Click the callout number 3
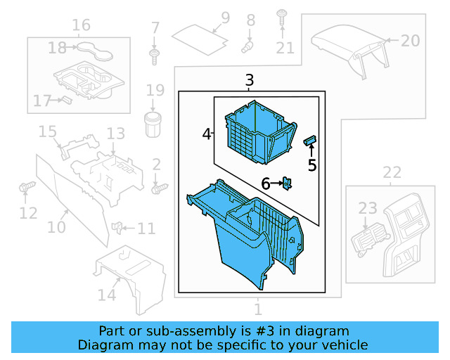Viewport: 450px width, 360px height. [250, 81]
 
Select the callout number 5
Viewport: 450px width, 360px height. [312, 165]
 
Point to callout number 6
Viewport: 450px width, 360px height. [266, 184]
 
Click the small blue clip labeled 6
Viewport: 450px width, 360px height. [288, 183]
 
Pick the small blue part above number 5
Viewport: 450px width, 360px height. [309, 141]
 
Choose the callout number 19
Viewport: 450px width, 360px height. [155, 90]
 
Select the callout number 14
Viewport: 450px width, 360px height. [107, 295]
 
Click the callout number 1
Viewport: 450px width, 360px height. [257, 309]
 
